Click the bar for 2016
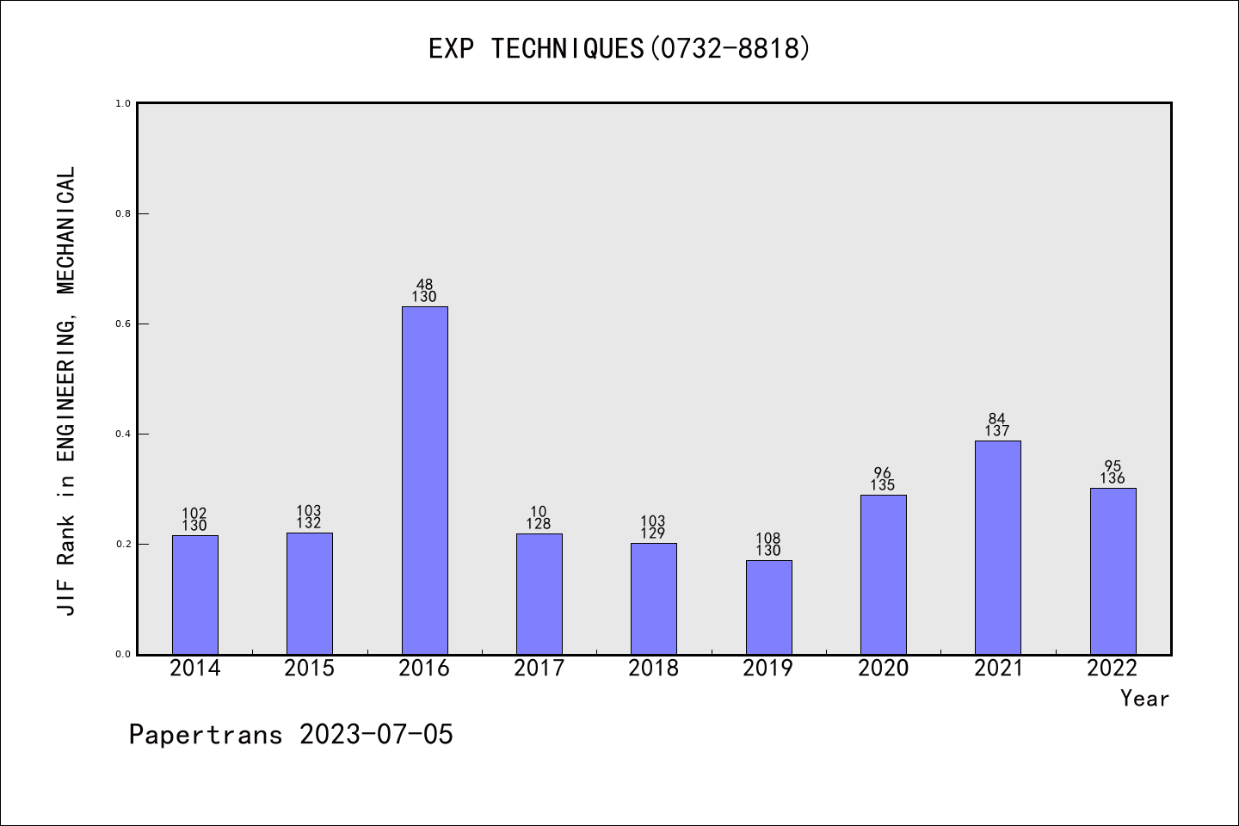[424, 480]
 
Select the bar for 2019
[768, 607]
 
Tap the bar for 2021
[997, 547]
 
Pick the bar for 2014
[194, 595]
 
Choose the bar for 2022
[1113, 570]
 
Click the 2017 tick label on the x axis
[539, 669]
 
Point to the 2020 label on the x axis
[883, 669]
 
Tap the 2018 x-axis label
[653, 669]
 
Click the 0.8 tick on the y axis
[123, 213]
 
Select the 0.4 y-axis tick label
[123, 434]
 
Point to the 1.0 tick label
[123, 103]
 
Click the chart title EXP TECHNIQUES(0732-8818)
[619, 48]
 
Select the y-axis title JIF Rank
[67, 391]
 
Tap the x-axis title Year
[1144, 699]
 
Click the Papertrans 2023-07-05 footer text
[291, 735]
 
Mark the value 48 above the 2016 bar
[424, 284]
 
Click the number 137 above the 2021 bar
[997, 431]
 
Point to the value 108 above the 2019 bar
[768, 539]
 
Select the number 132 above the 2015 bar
[309, 523]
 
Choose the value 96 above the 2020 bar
[883, 472]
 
